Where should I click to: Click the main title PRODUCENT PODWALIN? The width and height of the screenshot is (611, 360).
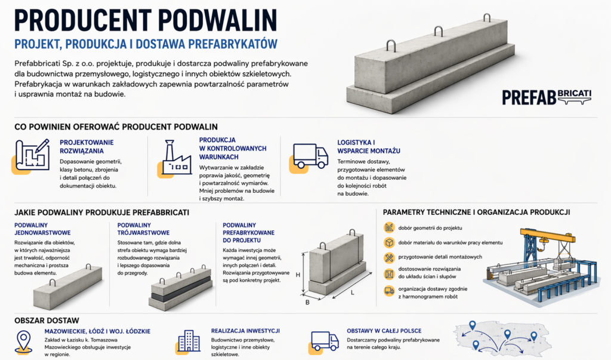point(146,20)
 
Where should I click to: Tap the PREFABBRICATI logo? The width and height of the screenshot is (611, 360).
point(547,97)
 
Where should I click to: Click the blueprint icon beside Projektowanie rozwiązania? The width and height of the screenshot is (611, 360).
point(31,156)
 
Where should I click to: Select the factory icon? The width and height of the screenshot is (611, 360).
point(175,158)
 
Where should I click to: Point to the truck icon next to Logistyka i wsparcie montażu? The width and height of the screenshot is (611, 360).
point(309,158)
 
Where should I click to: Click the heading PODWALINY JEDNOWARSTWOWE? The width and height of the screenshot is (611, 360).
point(42,229)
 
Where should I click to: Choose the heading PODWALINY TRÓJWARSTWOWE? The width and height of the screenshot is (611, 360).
point(143,229)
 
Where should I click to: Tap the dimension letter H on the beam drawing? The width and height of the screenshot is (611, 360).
point(298,275)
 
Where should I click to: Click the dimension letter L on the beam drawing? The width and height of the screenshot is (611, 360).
point(352,293)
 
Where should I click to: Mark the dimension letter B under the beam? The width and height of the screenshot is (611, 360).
point(307,302)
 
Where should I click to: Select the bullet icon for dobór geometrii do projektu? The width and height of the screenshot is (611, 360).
point(389,228)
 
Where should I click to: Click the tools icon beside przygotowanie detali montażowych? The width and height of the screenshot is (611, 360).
point(389,257)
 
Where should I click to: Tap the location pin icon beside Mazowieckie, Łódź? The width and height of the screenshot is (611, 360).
point(23,341)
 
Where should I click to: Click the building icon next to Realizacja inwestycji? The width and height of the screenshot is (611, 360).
point(189,341)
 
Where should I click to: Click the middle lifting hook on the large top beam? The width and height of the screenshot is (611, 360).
point(439,31)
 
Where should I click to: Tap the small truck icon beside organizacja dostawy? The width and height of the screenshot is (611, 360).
point(389,291)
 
